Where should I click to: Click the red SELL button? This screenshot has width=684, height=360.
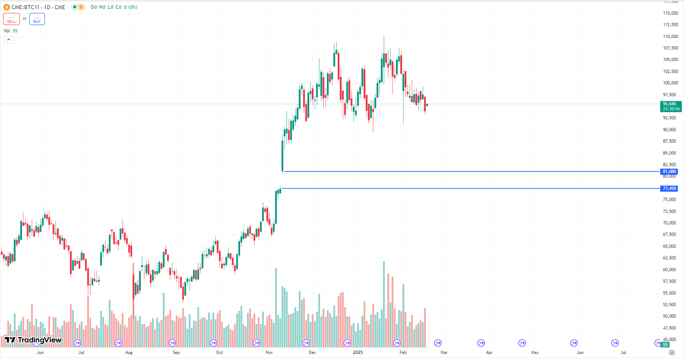click(x=11, y=19)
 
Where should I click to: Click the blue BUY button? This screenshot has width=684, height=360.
click(x=37, y=19)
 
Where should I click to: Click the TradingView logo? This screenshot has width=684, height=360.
click(x=33, y=340)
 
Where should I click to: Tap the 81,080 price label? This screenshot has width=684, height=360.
click(x=669, y=172)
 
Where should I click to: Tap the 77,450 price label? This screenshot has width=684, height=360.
click(x=669, y=189)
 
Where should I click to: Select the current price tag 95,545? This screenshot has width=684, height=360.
click(x=671, y=106)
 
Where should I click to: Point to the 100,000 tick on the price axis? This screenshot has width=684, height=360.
click(x=670, y=83)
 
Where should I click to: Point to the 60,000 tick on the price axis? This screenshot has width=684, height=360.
click(x=670, y=270)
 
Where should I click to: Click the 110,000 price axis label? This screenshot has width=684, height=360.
click(x=670, y=36)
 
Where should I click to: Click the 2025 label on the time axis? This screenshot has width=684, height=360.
click(x=358, y=353)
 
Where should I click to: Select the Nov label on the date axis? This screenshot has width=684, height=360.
click(x=269, y=353)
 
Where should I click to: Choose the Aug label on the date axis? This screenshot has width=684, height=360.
click(x=129, y=353)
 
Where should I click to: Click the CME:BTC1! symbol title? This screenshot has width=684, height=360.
click(x=38, y=7)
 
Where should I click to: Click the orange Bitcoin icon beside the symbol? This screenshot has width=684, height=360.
click(x=6, y=7)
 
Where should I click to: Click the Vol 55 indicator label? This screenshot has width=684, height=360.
click(x=11, y=31)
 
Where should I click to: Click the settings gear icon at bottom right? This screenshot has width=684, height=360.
click(x=671, y=353)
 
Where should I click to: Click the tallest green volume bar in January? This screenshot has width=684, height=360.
click(x=383, y=304)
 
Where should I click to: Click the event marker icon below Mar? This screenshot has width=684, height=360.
click(x=438, y=343)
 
